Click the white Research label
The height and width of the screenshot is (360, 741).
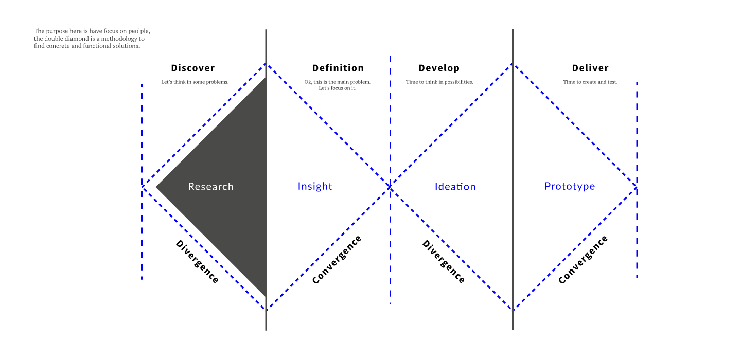[x=210, y=187]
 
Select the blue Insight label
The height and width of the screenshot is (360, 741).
[x=315, y=187]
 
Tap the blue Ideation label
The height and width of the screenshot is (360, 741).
[x=455, y=187]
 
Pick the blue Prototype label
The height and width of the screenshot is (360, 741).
[x=570, y=187]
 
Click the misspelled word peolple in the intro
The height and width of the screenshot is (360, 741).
[x=139, y=31]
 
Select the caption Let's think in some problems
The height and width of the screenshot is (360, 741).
[x=195, y=82]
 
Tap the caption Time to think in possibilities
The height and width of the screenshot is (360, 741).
[x=439, y=82]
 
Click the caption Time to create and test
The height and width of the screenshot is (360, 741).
[x=590, y=82]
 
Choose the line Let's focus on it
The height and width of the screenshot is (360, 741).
[x=337, y=88]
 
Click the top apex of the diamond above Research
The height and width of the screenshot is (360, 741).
[x=266, y=64]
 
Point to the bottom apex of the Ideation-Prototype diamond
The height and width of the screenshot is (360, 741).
[x=513, y=310]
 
